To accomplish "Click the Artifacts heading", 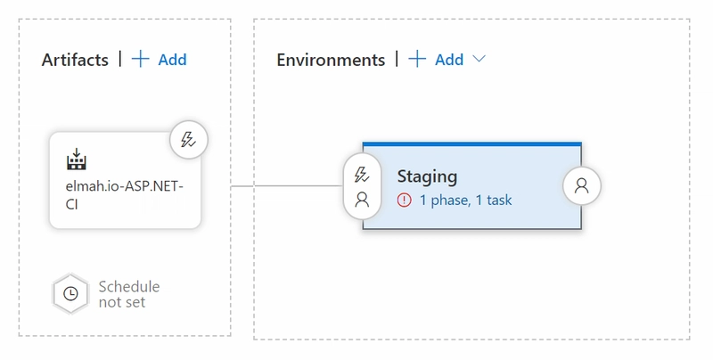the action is (x=75, y=60).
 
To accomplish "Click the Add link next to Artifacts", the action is (x=172, y=60).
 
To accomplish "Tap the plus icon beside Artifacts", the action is (x=141, y=59).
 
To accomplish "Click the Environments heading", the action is (x=331, y=60).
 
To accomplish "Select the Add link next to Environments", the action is (x=449, y=60).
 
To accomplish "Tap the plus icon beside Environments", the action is (x=417, y=59).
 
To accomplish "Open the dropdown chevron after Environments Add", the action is (x=479, y=59).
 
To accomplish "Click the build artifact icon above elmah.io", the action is (x=77, y=160).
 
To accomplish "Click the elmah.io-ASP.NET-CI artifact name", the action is (x=124, y=195).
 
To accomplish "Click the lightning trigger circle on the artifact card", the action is (x=189, y=140).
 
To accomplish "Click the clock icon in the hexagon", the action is (x=70, y=294).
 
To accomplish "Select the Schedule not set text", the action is (x=129, y=294).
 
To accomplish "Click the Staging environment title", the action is (x=427, y=176).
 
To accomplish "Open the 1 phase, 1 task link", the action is (x=465, y=200).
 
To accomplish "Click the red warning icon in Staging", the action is (x=404, y=200).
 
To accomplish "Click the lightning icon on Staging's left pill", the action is (x=362, y=175).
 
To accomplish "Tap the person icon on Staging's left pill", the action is (x=362, y=200).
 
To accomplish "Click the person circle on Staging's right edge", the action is (x=582, y=186).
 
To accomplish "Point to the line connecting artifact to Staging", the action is (x=287, y=186).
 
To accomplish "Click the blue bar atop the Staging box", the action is (x=472, y=144).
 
